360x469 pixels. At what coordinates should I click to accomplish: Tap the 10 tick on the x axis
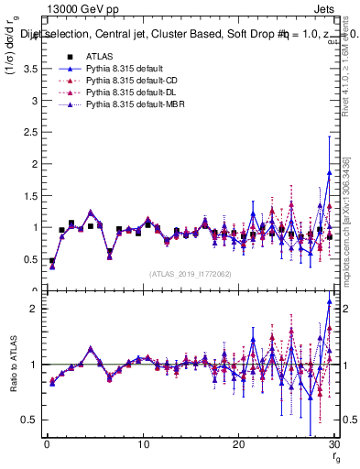tap(142, 445)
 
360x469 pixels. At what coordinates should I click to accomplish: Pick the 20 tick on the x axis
tap(238, 445)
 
